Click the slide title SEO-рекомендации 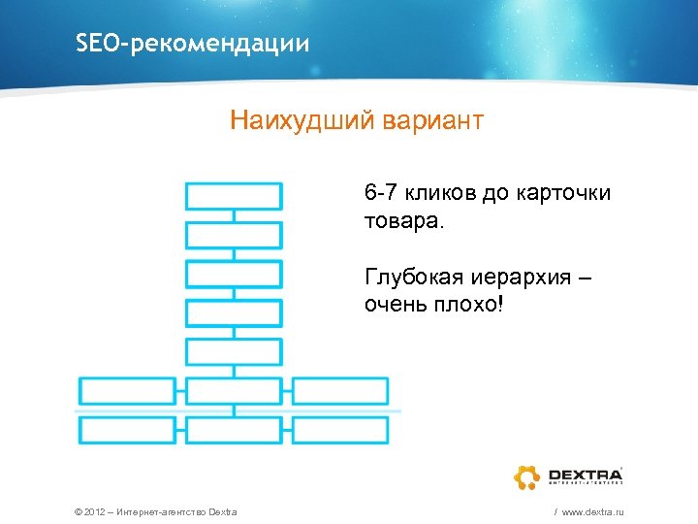click(193, 45)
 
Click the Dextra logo click(567, 476)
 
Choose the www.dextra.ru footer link click(590, 511)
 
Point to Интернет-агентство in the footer click(164, 511)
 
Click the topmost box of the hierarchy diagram click(234, 196)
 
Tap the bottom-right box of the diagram click(340, 430)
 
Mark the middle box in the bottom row click(234, 430)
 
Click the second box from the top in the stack click(234, 235)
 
